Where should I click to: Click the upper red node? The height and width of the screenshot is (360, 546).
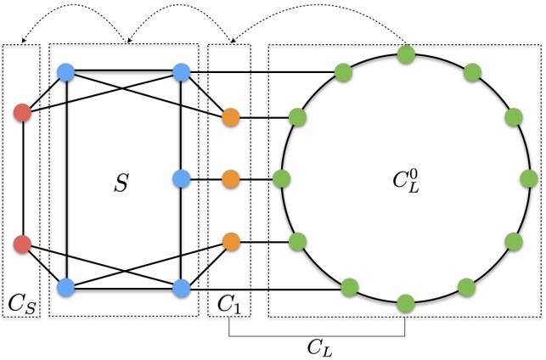(x=23, y=112)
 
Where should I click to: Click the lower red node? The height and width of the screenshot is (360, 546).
(x=23, y=245)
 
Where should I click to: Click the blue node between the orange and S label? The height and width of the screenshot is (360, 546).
(x=180, y=179)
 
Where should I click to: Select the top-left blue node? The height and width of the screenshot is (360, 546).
(x=66, y=73)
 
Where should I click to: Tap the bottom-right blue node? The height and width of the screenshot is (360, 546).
(x=180, y=288)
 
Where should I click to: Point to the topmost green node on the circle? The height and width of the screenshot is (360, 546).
(x=406, y=54)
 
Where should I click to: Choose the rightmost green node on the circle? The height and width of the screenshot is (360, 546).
(x=528, y=179)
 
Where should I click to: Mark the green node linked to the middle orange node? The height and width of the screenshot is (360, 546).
(x=284, y=179)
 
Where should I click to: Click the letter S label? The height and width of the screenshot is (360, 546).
(x=121, y=183)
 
